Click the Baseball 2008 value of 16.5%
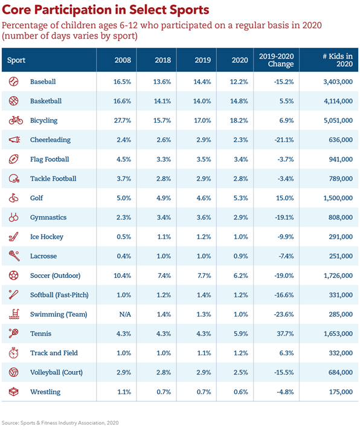coord(122,82)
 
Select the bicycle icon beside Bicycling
coord(16,120)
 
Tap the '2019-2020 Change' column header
coord(276,60)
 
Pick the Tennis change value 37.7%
coord(285,334)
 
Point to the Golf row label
coord(37,198)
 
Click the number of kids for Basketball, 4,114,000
coord(338,101)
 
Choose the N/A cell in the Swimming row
coord(125,314)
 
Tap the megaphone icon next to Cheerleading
coord(14,140)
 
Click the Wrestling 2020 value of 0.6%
coord(241,392)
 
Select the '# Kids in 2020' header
coord(338,60)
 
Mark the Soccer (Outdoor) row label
coord(55,276)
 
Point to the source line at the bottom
coord(60,422)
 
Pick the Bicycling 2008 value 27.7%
coord(123,120)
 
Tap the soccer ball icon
coord(13,276)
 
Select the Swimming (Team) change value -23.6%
coord(284,314)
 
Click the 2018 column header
coord(162,60)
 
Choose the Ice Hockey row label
coord(47,237)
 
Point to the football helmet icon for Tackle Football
coord(14,178)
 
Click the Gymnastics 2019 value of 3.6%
coord(204,218)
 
